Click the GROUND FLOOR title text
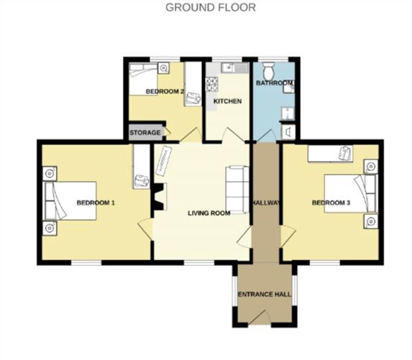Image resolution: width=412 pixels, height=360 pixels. (210, 8)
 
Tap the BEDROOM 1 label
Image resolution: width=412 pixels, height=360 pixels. (96, 203)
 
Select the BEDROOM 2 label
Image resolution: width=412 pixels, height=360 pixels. (165, 91)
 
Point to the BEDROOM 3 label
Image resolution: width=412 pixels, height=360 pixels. (331, 203)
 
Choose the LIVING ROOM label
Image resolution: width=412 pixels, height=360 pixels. (209, 213)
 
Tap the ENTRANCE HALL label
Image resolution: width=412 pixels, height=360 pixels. (264, 295)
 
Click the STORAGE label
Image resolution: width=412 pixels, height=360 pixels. (144, 133)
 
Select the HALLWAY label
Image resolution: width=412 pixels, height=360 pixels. (265, 203)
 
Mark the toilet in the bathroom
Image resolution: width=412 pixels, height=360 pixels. (269, 72)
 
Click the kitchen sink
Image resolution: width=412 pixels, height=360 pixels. (234, 68)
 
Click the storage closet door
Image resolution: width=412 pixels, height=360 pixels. (166, 133)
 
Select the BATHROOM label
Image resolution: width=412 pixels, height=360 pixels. (275, 83)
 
